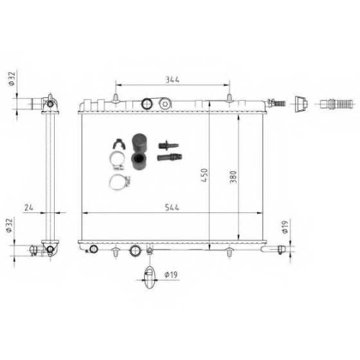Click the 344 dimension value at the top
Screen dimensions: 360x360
pyautogui.click(x=173, y=79)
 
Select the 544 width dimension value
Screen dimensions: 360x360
pyautogui.click(x=172, y=207)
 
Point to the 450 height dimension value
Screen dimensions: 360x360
pyautogui.click(x=204, y=175)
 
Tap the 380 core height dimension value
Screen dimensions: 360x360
pyautogui.click(x=233, y=177)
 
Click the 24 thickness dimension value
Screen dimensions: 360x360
pyautogui.click(x=29, y=207)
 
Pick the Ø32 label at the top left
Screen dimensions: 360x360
pyautogui.click(x=12, y=78)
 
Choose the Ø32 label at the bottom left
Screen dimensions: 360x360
pyautogui.click(x=9, y=225)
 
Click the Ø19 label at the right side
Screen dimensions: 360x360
pyautogui.click(x=285, y=227)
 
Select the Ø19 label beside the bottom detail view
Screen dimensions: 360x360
pyautogui.click(x=171, y=274)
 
